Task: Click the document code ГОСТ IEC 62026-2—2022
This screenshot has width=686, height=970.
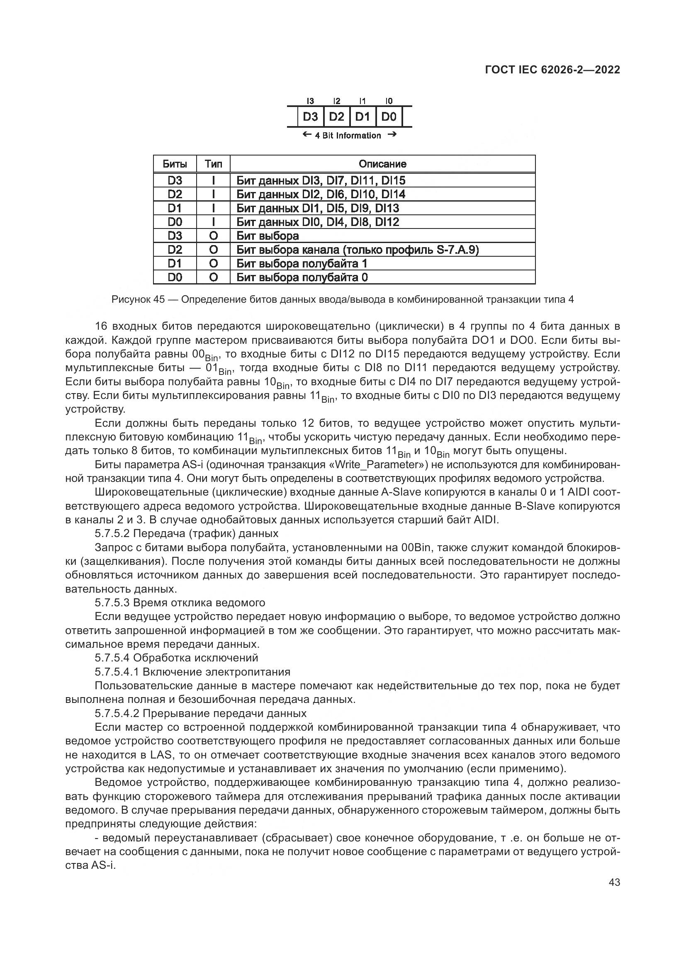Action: pyautogui.click(x=552, y=70)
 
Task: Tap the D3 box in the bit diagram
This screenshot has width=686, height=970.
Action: pyautogui.click(x=311, y=117)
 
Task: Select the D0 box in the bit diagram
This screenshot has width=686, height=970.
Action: pyautogui.click(x=389, y=117)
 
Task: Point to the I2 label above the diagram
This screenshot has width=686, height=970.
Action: pyautogui.click(x=337, y=101)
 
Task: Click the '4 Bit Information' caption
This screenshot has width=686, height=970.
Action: pyautogui.click(x=348, y=136)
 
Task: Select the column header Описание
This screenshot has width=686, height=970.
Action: pyautogui.click(x=382, y=164)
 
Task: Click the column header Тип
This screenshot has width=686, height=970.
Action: pyautogui.click(x=213, y=164)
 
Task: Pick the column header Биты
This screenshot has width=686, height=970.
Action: pyautogui.click(x=175, y=164)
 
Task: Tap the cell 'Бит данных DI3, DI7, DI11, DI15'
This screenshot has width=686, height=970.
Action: pyautogui.click(x=321, y=181)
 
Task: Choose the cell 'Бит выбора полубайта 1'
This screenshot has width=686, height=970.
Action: pyautogui.click(x=302, y=264)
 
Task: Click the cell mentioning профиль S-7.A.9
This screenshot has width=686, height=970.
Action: pyautogui.click(x=358, y=250)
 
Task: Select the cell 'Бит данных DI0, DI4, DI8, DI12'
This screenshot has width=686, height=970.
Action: pyautogui.click(x=318, y=222)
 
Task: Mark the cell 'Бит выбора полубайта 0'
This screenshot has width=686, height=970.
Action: pyautogui.click(x=302, y=277)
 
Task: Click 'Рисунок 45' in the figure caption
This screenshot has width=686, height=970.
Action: pyautogui.click(x=138, y=299)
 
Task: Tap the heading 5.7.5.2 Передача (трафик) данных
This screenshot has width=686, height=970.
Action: pyautogui.click(x=186, y=533)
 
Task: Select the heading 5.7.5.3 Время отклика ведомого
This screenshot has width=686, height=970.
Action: pyautogui.click(x=180, y=603)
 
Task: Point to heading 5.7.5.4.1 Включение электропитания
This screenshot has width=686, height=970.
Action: pyautogui.click(x=192, y=672)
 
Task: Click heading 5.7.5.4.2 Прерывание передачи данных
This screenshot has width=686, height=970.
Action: pyautogui.click(x=201, y=714)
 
